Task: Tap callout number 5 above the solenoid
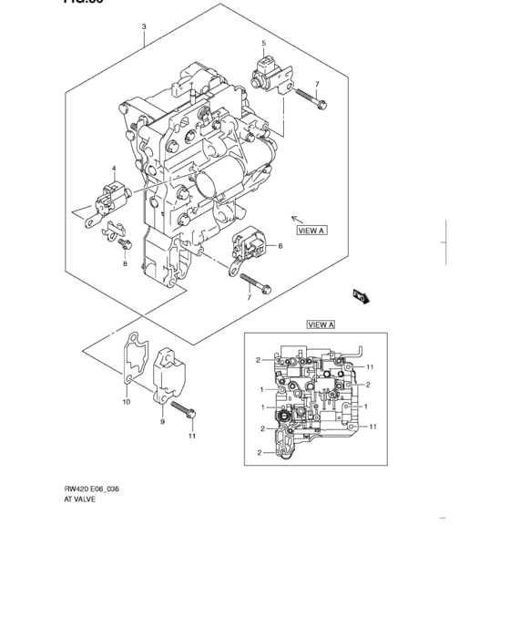(x=264, y=44)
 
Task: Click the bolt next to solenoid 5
(x=320, y=103)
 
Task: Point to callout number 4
(x=114, y=170)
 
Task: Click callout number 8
(x=126, y=264)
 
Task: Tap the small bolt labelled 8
(x=127, y=243)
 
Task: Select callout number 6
(x=280, y=246)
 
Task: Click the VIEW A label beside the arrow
(x=311, y=231)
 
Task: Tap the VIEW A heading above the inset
(x=321, y=324)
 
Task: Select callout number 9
(x=161, y=422)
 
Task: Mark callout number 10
(x=126, y=401)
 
